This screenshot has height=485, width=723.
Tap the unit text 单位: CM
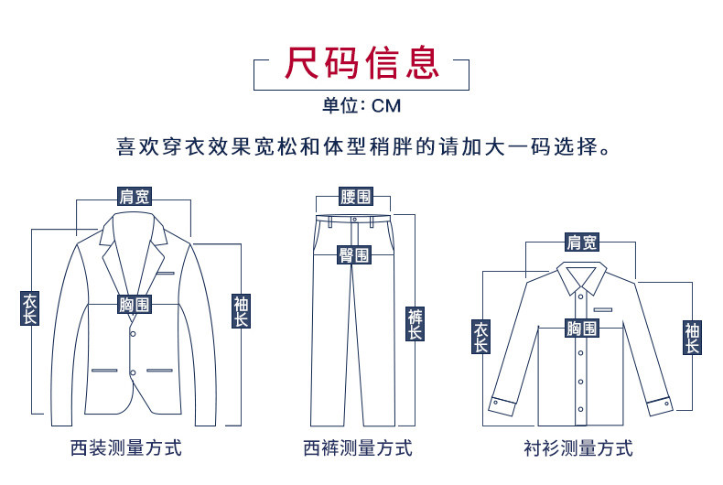pyautogui.click(x=361, y=105)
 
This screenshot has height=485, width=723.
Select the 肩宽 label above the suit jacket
pyautogui.click(x=135, y=196)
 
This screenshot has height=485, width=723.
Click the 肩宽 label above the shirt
pyautogui.click(x=580, y=242)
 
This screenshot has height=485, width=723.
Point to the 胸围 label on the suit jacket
pyautogui.click(x=135, y=305)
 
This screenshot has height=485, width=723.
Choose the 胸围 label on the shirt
pyautogui.click(x=580, y=329)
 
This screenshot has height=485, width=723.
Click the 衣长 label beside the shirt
pyautogui.click(x=481, y=337)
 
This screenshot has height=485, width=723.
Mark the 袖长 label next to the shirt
pyautogui.click(x=692, y=338)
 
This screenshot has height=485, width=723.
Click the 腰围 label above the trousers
pyautogui.click(x=356, y=196)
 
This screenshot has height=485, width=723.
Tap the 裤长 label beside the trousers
pyautogui.click(x=415, y=324)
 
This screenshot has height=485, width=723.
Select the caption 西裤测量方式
pyautogui.click(x=358, y=448)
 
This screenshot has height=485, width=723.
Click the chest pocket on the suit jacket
pyautogui.click(x=165, y=274)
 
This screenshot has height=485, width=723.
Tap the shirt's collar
pyautogui.click(x=579, y=274)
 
